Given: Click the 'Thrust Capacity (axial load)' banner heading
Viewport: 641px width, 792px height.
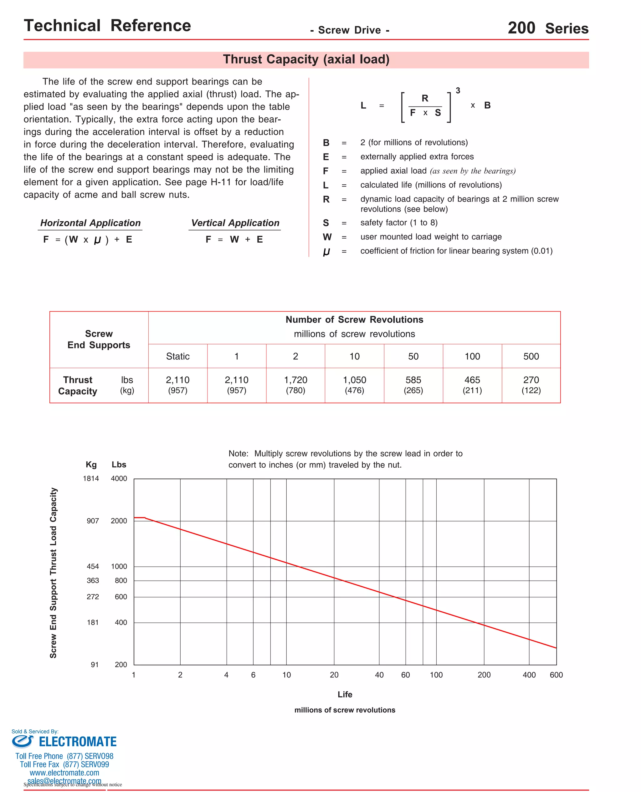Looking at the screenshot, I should coord(306,59).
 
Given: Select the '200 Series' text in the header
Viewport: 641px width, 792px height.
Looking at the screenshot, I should coord(548,28).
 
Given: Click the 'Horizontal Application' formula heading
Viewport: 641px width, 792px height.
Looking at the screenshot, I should coord(90,223).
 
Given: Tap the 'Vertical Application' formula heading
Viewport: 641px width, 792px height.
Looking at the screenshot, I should coord(235,223).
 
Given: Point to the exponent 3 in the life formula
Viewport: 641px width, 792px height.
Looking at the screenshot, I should coord(458,90).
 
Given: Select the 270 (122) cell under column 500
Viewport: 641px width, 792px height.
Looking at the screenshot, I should coord(531,385).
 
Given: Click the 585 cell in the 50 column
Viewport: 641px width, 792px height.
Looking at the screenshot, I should coord(413,380).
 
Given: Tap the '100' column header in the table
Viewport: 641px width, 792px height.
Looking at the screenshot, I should coord(472,356).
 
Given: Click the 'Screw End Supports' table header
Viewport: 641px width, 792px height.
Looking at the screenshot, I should coord(99,339).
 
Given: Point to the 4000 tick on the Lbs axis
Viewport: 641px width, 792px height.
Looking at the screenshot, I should coord(119,479).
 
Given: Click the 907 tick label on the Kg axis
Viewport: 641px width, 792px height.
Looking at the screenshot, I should coord(93,521).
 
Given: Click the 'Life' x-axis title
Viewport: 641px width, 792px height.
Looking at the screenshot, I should coord(345,695).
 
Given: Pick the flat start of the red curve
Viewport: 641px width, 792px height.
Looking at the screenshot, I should coord(139,518).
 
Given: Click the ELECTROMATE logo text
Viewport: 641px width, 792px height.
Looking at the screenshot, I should coord(78,742).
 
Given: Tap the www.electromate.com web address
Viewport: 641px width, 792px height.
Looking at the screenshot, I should coord(64,773).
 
